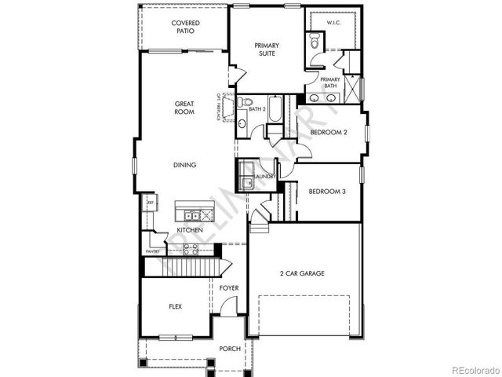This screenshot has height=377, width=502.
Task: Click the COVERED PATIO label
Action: tap(187, 27)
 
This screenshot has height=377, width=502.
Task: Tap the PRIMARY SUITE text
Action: tap(267, 50)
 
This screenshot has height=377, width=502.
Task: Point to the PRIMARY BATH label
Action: tap(330, 82)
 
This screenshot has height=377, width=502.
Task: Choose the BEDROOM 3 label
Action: tap(326, 191)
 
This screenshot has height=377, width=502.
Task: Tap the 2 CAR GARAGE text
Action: tap(301, 273)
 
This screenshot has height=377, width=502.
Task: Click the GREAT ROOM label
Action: tap(184, 108)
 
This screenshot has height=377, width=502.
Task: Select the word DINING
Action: tap(185, 165)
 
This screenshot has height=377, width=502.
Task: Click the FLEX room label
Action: tap(176, 307)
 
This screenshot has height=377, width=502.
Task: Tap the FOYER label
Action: tap(228, 288)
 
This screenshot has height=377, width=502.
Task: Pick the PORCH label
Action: tap(229, 348)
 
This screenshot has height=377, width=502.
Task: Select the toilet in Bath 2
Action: tap(244, 102)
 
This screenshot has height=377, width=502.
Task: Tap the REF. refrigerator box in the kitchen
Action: tap(150, 203)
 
